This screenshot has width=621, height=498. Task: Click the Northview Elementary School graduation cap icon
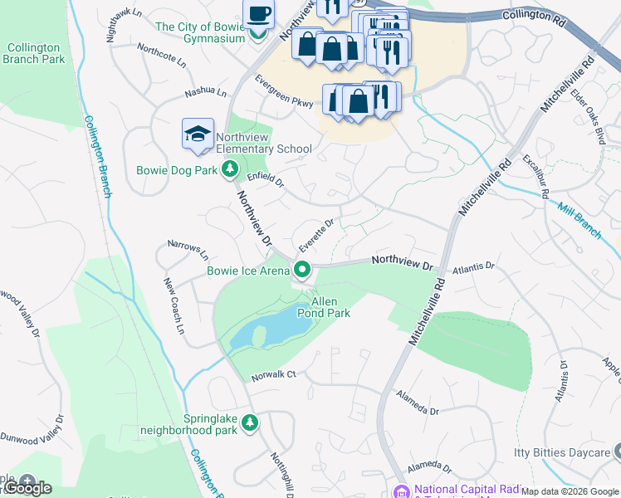(x=198, y=134)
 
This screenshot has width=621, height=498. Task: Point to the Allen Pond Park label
(x=324, y=306)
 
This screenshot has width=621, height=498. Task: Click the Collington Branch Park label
(x=33, y=54)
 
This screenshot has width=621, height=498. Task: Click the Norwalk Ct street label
(x=274, y=374)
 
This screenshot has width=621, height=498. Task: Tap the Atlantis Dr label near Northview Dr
(x=473, y=268)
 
